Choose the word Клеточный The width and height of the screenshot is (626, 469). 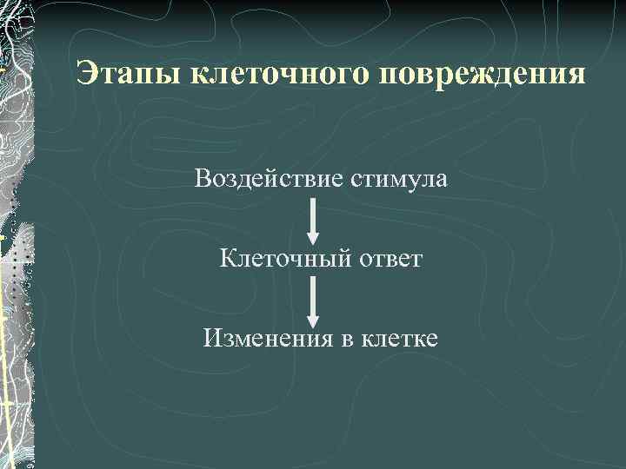pyautogui.click(x=275, y=258)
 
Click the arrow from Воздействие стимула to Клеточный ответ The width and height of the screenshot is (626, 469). pyautogui.click(x=314, y=221)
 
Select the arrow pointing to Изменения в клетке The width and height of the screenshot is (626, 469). pyautogui.click(x=314, y=300)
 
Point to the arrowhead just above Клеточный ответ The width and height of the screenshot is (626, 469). pyautogui.click(x=314, y=237)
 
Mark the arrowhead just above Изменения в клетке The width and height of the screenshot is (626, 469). pyautogui.click(x=314, y=315)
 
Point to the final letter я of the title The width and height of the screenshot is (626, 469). pyautogui.click(x=576, y=76)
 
